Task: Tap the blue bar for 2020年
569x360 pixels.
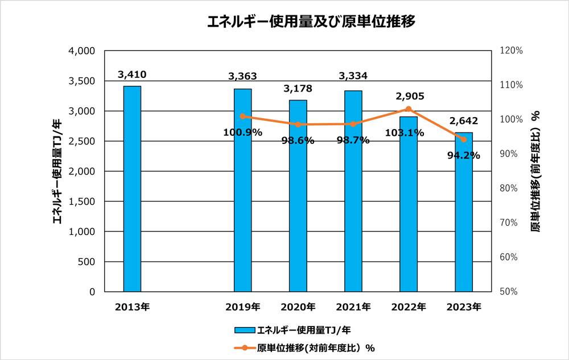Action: [x=298, y=196]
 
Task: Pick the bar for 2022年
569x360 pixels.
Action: [x=408, y=204]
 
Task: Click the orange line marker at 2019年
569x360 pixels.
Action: [x=243, y=117]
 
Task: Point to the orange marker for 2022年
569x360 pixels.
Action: [x=408, y=109]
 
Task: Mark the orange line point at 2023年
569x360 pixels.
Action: [x=463, y=139]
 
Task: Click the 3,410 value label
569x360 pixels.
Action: [x=132, y=75]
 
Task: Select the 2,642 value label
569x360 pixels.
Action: [x=463, y=121]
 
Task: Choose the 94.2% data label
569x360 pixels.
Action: [x=463, y=155]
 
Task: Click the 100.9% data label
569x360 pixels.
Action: [x=243, y=133]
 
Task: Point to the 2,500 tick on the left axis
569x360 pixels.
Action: [x=83, y=141]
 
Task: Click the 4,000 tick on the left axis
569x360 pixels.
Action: [x=83, y=51]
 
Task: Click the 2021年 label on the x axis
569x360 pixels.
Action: [x=353, y=307]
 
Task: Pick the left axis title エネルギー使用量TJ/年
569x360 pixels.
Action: [x=57, y=171]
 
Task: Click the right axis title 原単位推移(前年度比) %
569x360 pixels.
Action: [x=535, y=171]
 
